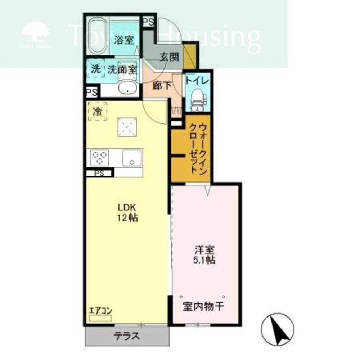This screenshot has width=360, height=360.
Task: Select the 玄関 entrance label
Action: pyautogui.click(x=170, y=57)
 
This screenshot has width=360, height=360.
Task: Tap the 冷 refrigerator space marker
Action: pyautogui.click(x=97, y=111)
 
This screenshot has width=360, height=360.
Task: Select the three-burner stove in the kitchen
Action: pyautogui.click(x=99, y=158)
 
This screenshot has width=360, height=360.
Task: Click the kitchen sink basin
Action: pyautogui.click(x=132, y=158)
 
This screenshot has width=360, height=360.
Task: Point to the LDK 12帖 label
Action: pyautogui.click(x=127, y=213)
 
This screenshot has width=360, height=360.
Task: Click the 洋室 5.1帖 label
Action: pyautogui.click(x=204, y=255)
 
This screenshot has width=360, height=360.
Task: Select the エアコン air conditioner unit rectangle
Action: pyautogui.click(x=100, y=318)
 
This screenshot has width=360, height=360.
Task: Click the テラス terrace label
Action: pyautogui.click(x=127, y=336)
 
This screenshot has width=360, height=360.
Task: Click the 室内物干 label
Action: pyautogui.click(x=203, y=306)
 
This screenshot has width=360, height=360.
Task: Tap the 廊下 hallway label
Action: pyautogui.click(x=162, y=86)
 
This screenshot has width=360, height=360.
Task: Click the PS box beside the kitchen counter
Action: pyautogui.click(x=99, y=173)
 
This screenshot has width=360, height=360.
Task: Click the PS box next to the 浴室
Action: pyautogui.click(x=149, y=22)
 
